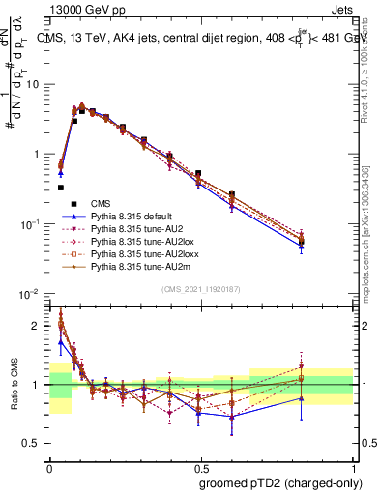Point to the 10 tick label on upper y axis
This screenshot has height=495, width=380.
click(x=33, y=85)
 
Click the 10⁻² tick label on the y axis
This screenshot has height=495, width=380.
click(x=29, y=294)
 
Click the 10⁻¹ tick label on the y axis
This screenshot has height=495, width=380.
click(x=29, y=224)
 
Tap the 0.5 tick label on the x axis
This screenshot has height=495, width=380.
click(x=200, y=466)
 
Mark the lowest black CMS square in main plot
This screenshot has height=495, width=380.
click(x=61, y=188)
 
